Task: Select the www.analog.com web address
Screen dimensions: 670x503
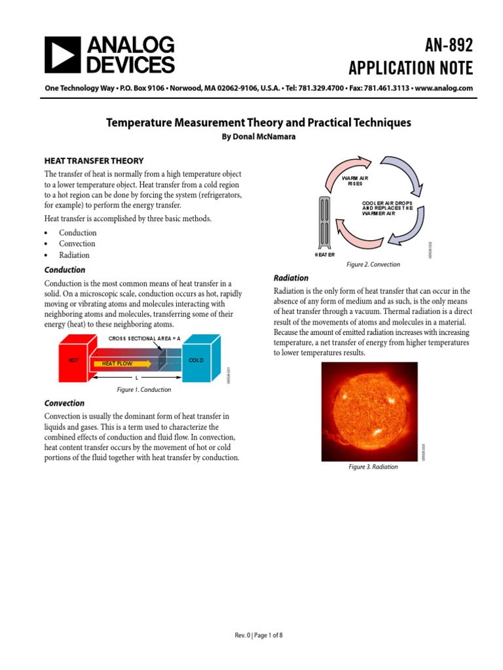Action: point(444,88)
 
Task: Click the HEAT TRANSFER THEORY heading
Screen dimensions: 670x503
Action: point(94,160)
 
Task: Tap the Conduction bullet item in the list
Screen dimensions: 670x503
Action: point(77,232)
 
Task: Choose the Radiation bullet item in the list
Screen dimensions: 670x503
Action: point(74,255)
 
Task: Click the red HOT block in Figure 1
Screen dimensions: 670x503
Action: point(73,361)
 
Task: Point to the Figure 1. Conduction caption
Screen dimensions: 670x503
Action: point(143,389)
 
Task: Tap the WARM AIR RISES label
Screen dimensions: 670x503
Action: point(356,181)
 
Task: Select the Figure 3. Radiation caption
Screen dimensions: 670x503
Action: point(373,467)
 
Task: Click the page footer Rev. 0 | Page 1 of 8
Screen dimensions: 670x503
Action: point(259,635)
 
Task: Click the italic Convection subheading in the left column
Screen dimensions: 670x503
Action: point(64,403)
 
